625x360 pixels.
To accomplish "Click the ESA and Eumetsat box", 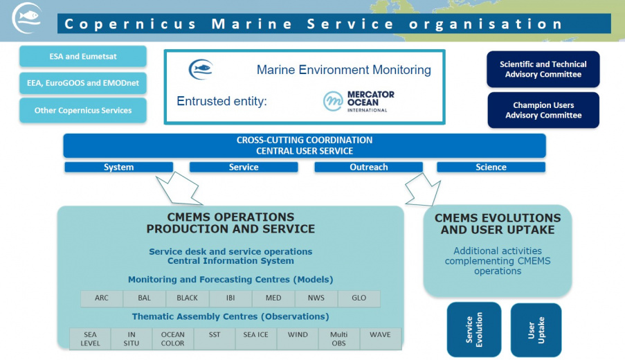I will tap(82, 56).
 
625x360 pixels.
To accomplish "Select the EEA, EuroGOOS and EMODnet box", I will tap(82, 83).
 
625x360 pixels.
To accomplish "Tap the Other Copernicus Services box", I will tap(82, 110).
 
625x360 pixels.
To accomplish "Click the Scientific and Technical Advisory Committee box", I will tap(543, 69).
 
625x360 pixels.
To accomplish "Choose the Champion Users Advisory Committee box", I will tap(543, 110).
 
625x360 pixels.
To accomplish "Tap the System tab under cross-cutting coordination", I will tap(118, 167).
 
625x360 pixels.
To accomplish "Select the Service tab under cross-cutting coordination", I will tap(243, 167).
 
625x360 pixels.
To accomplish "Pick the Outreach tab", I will tap(368, 167).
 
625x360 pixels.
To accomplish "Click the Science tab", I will tap(491, 167).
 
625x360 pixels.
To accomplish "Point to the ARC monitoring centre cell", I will tap(102, 298).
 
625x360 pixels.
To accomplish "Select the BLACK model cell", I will tap(187, 298).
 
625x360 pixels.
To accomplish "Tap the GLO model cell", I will tap(359, 298).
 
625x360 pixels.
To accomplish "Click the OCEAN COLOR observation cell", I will tap(172, 339).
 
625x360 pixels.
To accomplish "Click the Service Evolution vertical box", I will tap(473, 330).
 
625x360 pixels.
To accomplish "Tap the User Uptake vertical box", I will tap(536, 330).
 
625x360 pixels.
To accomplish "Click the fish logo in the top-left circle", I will tap(27, 17).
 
